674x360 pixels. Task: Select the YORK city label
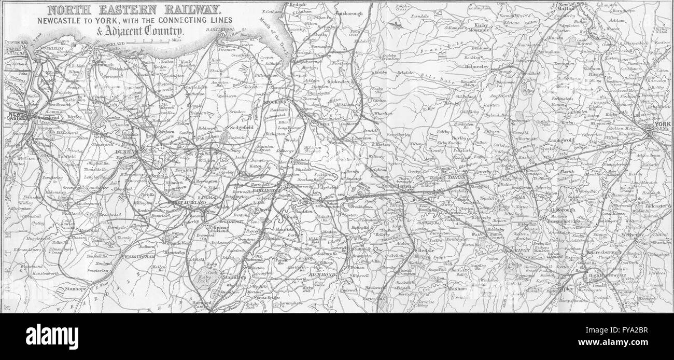pos(660,124)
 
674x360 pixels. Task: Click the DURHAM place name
pos(127,152)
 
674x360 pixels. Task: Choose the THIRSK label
pos(458,177)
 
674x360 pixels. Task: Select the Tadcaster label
pos(658,205)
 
